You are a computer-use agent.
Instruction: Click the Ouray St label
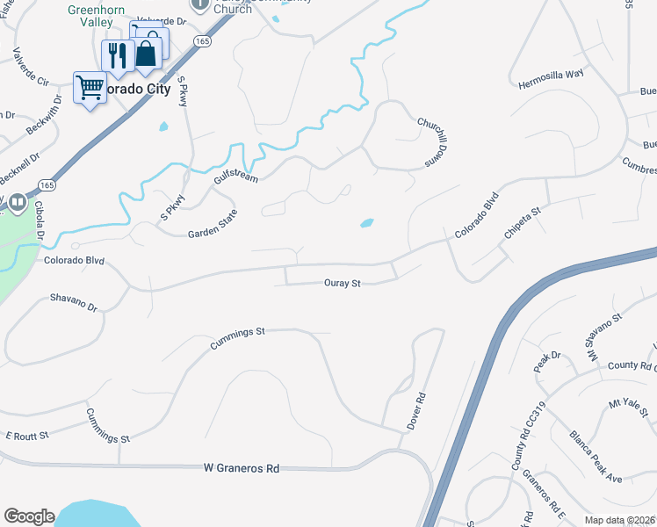coord(343,284)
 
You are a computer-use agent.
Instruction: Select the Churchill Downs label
coord(427,141)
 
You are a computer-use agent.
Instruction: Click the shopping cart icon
coord(90,87)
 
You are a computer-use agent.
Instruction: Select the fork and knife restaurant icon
coord(116,55)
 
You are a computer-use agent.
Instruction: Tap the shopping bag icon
coord(148,50)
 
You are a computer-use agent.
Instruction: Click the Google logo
coord(29,516)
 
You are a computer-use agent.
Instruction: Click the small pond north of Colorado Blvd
coord(367,223)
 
